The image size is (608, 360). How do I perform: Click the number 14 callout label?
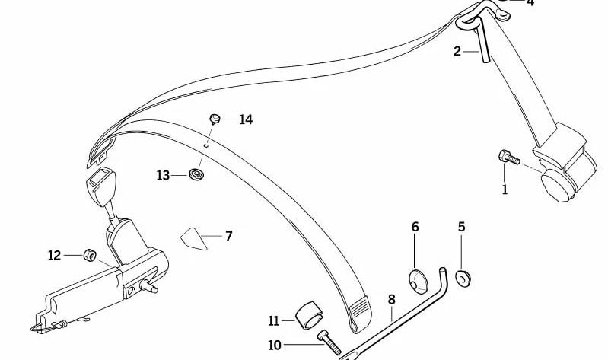pos(246,119)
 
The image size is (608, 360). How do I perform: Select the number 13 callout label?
pos(164,175)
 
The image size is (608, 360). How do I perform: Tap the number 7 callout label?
pos(229,236)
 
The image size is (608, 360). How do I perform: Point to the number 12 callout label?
pos(54,255)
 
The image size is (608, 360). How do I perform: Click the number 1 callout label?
pos(505,190)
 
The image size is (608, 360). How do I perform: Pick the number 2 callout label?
pos(457,51)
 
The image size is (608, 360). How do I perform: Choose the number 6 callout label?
pos(415,227)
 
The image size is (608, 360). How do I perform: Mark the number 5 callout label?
pos(461,227)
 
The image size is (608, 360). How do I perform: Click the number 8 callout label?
pos(392,299)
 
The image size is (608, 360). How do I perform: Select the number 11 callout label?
pos(273,321)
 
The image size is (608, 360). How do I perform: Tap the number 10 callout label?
pos(275,345)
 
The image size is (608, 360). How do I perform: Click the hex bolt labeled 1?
pos(509,157)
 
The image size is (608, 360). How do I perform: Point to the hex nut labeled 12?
pos(90,255)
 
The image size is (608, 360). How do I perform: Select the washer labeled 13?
pos(197,174)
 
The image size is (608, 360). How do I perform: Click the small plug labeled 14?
pos(215,118)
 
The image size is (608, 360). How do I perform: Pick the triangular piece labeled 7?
pos(193,238)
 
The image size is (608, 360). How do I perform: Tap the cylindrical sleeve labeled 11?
pos(309,315)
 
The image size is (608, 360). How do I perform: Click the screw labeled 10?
pos(329,342)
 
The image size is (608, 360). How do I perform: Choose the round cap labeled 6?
pos(419,281)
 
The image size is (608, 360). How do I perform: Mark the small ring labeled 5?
pos(463,279)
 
